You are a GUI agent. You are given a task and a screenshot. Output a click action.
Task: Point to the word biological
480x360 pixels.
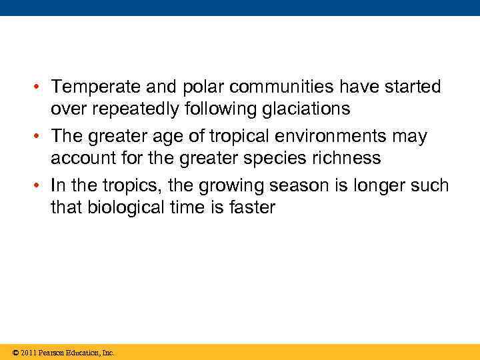pos(124,207)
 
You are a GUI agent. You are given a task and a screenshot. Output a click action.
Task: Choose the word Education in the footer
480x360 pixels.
pos(80,352)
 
